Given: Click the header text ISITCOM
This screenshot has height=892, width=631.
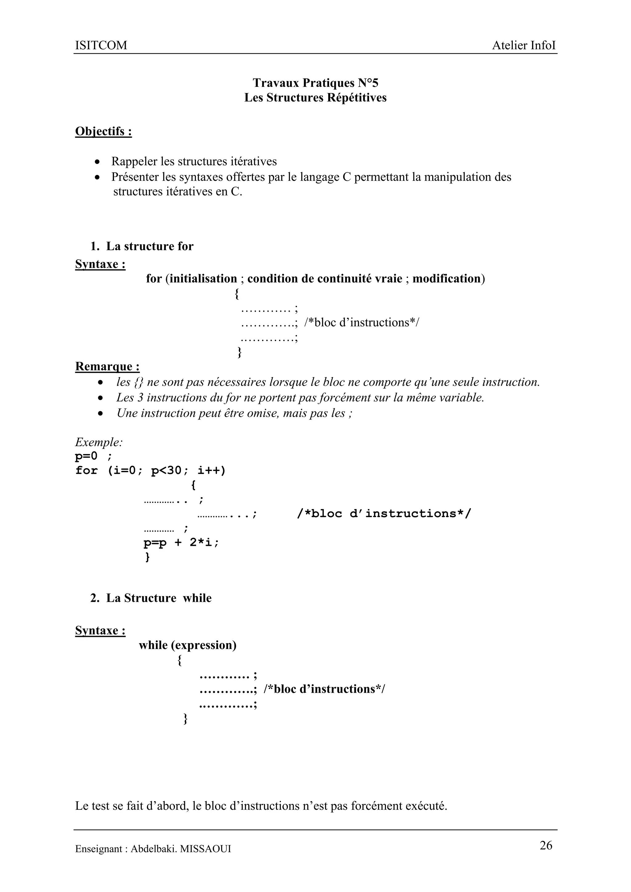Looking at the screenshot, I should [x=101, y=46].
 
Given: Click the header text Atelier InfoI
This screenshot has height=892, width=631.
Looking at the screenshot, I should [x=524, y=46].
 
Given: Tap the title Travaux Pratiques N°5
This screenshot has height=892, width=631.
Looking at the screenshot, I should [x=315, y=83].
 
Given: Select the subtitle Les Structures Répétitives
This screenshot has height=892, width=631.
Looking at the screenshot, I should [x=315, y=98].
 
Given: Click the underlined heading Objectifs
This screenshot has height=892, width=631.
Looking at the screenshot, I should [x=103, y=131].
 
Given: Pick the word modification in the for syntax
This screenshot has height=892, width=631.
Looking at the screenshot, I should [x=446, y=278].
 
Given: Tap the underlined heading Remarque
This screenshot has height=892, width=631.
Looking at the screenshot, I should [x=107, y=366].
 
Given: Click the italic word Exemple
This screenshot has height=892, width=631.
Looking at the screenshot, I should [x=99, y=442].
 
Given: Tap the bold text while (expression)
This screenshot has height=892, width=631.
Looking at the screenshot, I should [x=188, y=645].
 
